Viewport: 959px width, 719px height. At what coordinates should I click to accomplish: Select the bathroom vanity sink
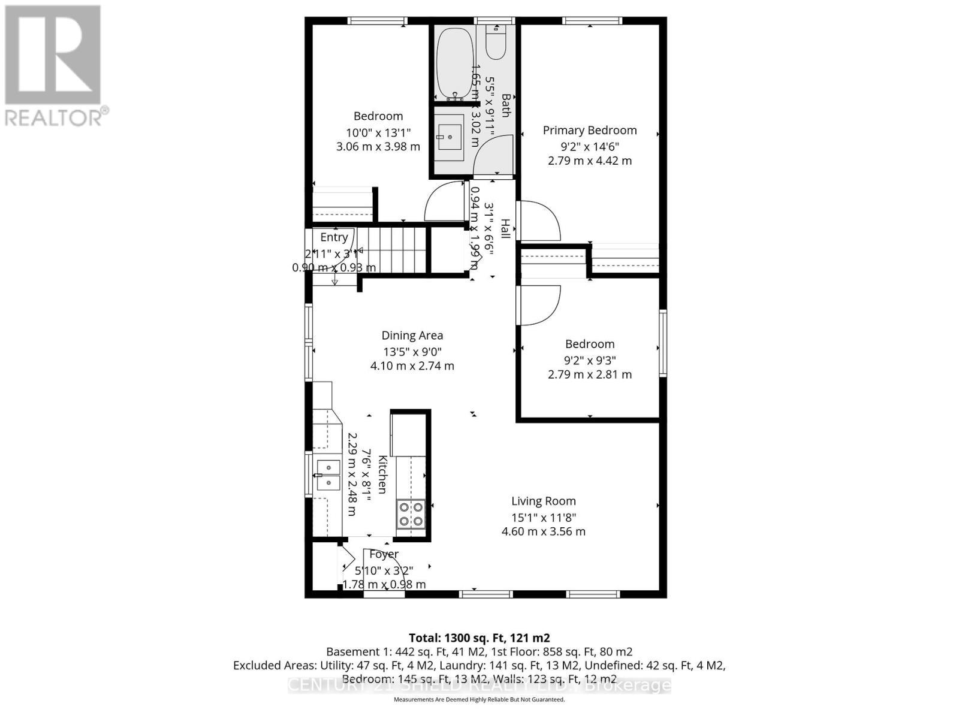click(449, 137)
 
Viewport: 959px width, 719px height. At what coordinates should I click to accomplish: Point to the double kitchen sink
click(328, 475)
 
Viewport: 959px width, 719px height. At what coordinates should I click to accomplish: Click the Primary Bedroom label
click(590, 130)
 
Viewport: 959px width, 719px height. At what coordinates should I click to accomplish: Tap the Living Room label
click(543, 501)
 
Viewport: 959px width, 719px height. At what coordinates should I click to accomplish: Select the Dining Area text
click(412, 336)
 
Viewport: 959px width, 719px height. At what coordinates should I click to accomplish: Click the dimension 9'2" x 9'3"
click(590, 360)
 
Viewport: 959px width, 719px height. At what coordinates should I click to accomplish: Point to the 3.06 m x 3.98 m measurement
click(378, 146)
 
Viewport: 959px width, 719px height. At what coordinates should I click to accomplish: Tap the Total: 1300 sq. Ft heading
click(479, 638)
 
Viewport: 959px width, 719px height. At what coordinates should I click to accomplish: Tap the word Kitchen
click(382, 475)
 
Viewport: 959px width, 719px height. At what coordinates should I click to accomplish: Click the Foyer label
click(384, 554)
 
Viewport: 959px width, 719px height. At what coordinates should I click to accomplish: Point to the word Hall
click(505, 229)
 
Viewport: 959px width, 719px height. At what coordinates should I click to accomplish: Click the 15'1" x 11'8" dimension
click(543, 517)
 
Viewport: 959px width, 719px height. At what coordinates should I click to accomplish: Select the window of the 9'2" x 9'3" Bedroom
click(663, 343)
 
